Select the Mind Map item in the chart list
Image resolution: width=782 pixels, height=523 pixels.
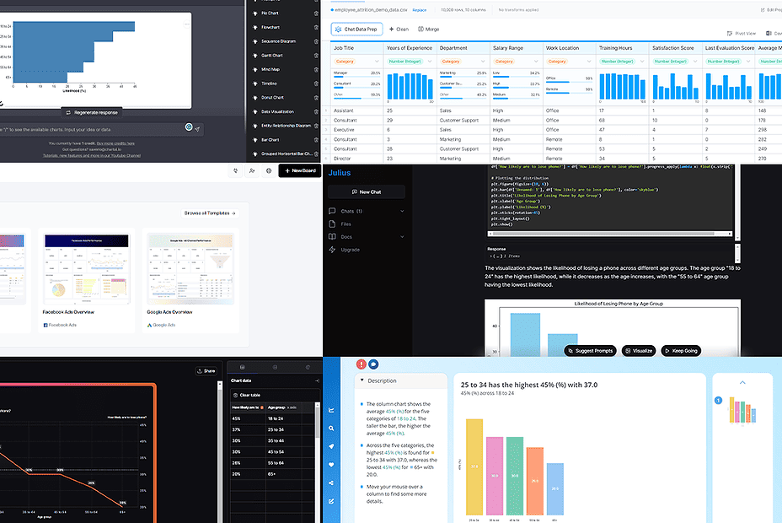point(271,69)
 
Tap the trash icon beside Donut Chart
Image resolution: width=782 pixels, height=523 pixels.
point(316,97)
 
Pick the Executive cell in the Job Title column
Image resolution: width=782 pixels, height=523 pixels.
point(345,129)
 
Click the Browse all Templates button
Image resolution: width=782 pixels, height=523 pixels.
point(211,213)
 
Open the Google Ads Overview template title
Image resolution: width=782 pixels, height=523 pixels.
point(169,311)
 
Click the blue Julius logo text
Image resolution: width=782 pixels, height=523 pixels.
point(340,173)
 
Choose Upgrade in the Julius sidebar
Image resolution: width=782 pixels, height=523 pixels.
point(350,250)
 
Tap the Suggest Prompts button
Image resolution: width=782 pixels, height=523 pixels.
point(590,350)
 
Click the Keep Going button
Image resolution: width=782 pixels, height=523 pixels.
point(681,350)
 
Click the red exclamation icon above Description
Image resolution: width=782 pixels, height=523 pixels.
point(361,364)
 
